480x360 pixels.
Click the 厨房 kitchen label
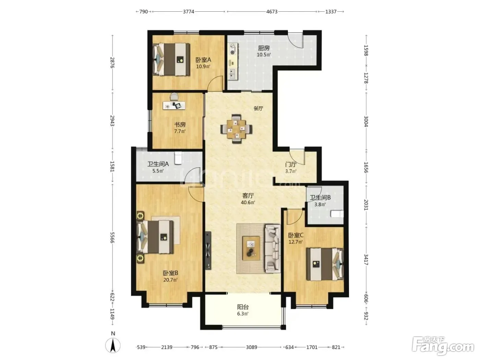pos(264,48)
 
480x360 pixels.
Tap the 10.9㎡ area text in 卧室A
pos(203,66)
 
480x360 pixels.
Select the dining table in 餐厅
pos(236,129)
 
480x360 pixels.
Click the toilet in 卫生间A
pos(178,158)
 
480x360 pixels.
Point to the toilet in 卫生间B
pos(337,214)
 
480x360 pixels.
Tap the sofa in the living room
pos(273,249)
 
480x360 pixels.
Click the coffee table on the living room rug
pos(251,248)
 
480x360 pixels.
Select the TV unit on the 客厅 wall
pos(208,251)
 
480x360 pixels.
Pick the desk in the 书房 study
pos(174,105)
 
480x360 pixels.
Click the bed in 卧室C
pos(325,264)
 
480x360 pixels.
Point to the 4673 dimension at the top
pos(272,12)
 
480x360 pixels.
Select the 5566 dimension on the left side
pos(112,237)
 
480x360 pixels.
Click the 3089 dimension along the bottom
pos(251,347)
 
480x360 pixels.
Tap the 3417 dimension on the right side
pos(366,260)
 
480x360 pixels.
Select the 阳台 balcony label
pos(243,307)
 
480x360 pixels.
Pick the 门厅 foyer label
pos(291,164)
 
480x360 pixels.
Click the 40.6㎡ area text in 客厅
pos(248,202)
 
